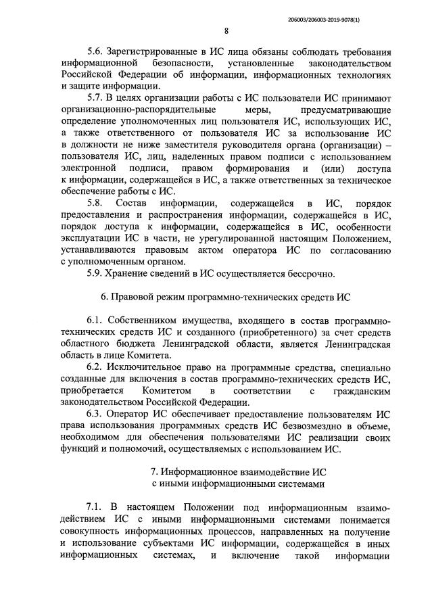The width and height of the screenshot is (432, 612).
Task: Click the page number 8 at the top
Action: [x=226, y=30]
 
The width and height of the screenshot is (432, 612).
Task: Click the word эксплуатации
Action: [x=94, y=239]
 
